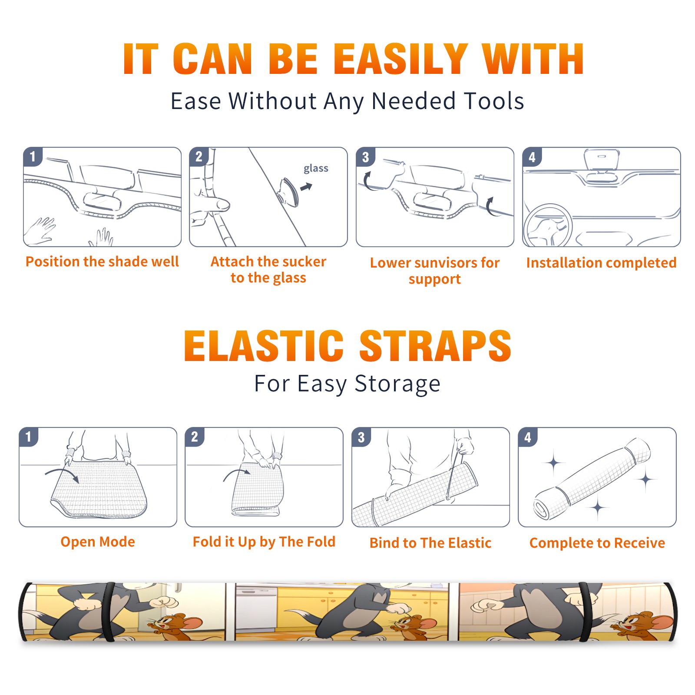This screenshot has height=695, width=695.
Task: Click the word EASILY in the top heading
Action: click(x=400, y=59)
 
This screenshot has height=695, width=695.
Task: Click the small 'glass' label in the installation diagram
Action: click(x=316, y=169)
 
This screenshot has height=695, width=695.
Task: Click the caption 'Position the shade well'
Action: click(x=102, y=261)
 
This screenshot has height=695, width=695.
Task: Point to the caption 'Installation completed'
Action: click(x=601, y=263)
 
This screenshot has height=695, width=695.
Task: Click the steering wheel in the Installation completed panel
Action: click(x=548, y=225)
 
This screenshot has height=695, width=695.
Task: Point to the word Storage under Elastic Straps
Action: click(x=397, y=384)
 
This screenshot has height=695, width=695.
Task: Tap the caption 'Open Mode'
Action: click(x=98, y=542)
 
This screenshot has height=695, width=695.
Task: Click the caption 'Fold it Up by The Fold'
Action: click(x=264, y=542)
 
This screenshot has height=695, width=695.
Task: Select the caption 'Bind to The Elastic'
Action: click(x=430, y=543)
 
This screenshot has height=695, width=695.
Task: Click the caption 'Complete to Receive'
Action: click(x=597, y=543)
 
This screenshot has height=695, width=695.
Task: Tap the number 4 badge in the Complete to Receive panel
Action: click(x=528, y=437)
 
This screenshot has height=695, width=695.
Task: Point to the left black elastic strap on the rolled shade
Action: click(x=109, y=612)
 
